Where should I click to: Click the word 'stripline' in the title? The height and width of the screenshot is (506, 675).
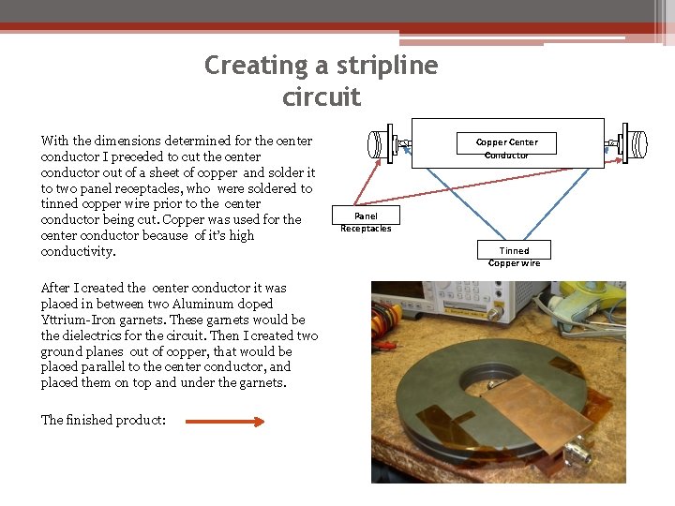(x=386, y=66)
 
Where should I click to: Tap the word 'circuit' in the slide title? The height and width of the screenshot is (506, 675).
(x=322, y=97)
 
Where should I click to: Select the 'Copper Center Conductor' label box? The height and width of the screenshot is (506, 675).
(x=506, y=147)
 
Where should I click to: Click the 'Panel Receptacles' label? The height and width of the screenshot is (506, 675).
(x=366, y=221)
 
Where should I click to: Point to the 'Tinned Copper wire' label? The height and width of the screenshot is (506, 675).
(x=514, y=255)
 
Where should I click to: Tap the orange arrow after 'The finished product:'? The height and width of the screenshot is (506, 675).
(x=226, y=422)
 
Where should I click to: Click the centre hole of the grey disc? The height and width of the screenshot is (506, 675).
(x=487, y=374)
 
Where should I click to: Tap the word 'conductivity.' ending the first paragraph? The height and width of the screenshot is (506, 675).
(x=79, y=252)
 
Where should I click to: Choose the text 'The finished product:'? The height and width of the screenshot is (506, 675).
(x=103, y=420)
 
